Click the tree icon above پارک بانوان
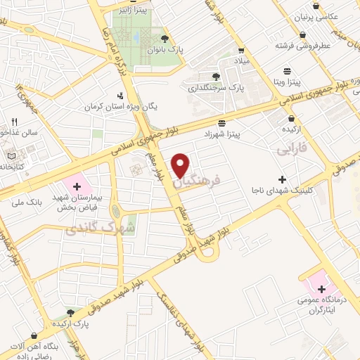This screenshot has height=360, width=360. click(165, 38)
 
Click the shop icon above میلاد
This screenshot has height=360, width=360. click(240, 51)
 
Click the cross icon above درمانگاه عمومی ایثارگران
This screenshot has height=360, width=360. click(321, 289)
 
